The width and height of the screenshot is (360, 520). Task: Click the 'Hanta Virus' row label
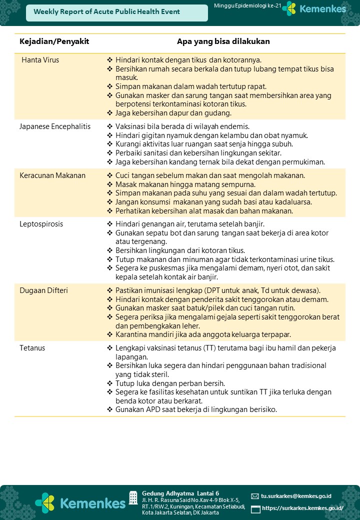point(40,60)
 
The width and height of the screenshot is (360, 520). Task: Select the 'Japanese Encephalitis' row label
point(55,126)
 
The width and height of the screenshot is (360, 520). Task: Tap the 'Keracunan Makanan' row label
point(52,175)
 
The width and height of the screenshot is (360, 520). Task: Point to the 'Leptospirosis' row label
point(41,224)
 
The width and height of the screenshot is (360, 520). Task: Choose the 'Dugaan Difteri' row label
point(44,290)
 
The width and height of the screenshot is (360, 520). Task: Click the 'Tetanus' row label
point(32,347)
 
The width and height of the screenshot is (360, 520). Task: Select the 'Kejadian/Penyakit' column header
point(54,41)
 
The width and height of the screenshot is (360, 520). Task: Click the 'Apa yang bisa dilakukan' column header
point(223,41)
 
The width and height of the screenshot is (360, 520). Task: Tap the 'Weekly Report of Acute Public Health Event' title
point(106,11)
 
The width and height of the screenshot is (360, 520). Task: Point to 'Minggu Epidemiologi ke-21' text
point(247,5)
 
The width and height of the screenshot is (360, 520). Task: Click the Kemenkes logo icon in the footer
point(45,502)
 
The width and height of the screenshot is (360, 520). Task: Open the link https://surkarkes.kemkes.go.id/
point(302,508)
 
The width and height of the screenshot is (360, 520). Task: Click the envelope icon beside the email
point(255,496)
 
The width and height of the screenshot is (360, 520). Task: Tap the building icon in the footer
point(133,497)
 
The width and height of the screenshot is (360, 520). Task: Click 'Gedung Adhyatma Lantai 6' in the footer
point(180,493)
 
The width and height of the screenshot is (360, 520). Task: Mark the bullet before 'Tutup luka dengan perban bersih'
point(110,383)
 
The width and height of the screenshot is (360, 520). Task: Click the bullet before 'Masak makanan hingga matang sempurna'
point(110,184)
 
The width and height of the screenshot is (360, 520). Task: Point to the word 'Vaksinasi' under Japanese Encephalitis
point(130,126)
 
